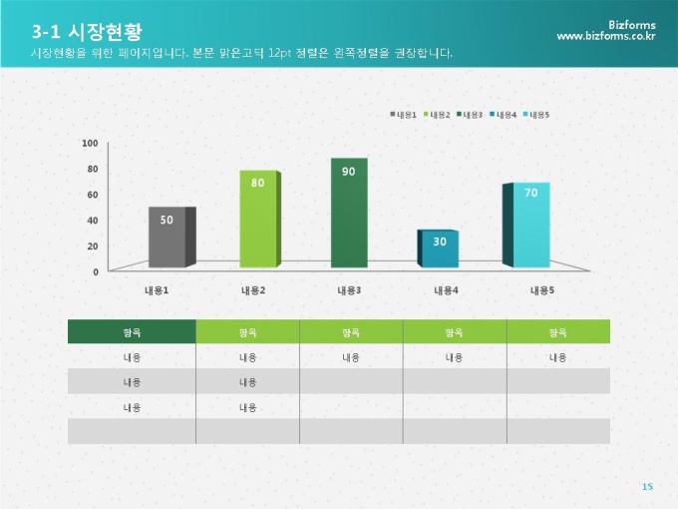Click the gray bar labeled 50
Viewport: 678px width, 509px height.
click(x=167, y=237)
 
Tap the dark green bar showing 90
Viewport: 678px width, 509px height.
click(x=348, y=213)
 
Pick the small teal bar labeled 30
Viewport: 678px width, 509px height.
click(x=439, y=249)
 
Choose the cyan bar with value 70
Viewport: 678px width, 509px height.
click(x=530, y=226)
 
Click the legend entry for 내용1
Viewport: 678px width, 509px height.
click(x=404, y=115)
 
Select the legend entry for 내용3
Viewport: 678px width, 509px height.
click(x=470, y=115)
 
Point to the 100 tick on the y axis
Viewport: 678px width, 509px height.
click(x=90, y=144)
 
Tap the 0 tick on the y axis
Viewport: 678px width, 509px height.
click(x=96, y=271)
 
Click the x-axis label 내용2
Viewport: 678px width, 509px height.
click(x=252, y=290)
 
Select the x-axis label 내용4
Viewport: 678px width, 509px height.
click(x=446, y=290)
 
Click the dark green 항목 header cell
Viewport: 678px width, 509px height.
click(x=132, y=331)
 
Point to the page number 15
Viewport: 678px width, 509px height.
click(x=647, y=486)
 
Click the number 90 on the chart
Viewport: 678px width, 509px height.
click(x=348, y=172)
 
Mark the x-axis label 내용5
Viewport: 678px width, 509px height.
click(x=541, y=290)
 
